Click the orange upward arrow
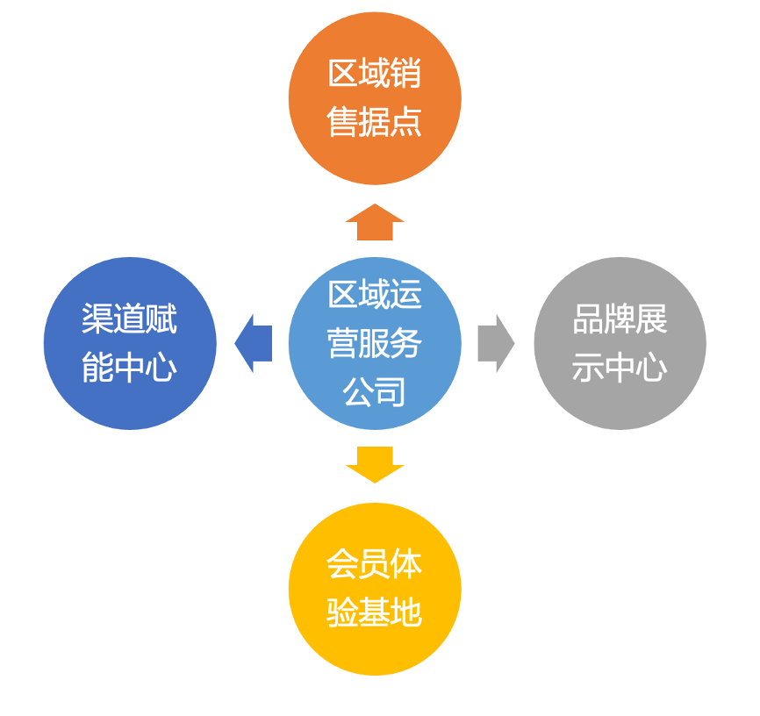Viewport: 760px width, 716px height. [375, 222]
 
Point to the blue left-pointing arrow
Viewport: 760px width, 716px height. [254, 343]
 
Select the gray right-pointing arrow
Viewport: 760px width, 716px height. [495, 343]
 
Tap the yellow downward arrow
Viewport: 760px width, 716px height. [375, 464]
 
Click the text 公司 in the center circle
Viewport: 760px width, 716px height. [375, 391]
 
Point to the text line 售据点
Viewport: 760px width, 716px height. [375, 122]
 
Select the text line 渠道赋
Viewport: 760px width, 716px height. [130, 319]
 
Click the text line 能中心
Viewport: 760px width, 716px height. [130, 368]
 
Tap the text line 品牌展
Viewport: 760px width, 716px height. [620, 319]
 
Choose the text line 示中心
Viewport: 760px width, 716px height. [620, 368]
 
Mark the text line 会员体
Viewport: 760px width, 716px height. [375, 564]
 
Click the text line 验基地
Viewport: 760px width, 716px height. [375, 612]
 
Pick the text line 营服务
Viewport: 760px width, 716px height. [375, 343]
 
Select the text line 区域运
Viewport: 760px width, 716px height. [375, 295]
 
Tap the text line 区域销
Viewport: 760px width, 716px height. [375, 74]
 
